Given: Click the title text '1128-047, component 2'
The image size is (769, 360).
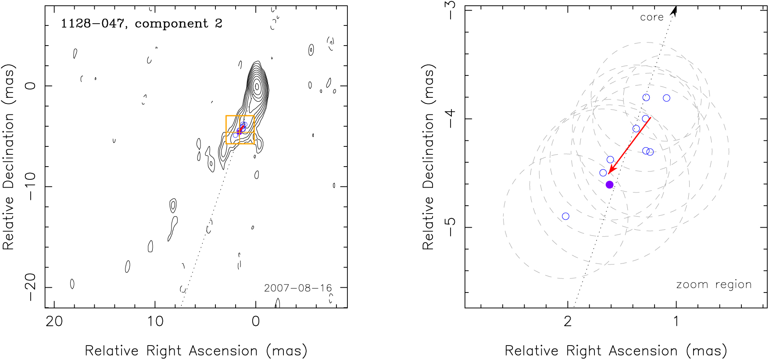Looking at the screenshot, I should pyautogui.click(x=141, y=24).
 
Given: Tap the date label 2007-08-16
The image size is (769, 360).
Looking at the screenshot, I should pyautogui.click(x=298, y=288).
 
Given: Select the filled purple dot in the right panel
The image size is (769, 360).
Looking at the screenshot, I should pyautogui.click(x=609, y=185).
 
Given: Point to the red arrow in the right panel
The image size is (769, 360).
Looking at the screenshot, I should pyautogui.click(x=630, y=146).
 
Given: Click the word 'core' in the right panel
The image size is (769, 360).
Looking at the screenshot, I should pyautogui.click(x=651, y=18).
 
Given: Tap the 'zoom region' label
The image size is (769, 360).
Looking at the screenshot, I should pyautogui.click(x=714, y=285).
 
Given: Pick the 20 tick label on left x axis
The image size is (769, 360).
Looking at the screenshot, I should pyautogui.click(x=54, y=321).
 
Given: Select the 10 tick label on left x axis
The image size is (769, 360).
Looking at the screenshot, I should pyautogui.click(x=155, y=321).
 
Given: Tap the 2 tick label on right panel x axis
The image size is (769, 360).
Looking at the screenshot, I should pyautogui.click(x=568, y=321).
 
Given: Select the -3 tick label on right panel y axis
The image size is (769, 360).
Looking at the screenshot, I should pyautogui.click(x=450, y=10).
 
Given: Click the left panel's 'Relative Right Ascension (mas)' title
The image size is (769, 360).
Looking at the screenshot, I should pyautogui.click(x=196, y=351).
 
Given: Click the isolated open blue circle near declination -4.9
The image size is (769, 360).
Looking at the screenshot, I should pyautogui.click(x=565, y=216).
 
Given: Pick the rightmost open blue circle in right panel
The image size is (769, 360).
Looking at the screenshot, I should pyautogui.click(x=666, y=98).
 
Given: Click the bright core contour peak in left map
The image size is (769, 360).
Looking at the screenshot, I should pyautogui.click(x=257, y=86).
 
